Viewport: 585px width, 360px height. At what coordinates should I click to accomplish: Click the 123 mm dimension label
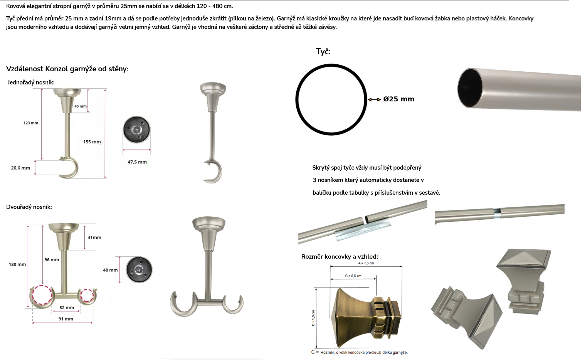pyautogui.click(x=31, y=123)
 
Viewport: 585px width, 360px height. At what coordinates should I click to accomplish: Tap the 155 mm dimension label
pyautogui.click(x=92, y=142)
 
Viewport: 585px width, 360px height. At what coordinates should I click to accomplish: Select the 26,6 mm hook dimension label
pyautogui.click(x=20, y=168)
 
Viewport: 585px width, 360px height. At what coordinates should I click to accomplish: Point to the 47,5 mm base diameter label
pyautogui.click(x=137, y=162)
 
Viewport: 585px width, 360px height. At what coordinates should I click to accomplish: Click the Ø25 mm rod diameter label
pyautogui.click(x=399, y=99)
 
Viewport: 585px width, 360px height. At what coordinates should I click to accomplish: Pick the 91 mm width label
pyautogui.click(x=66, y=319)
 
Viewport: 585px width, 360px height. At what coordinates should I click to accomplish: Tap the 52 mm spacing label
pyautogui.click(x=67, y=308)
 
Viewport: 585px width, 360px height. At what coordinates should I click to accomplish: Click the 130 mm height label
pyautogui.click(x=17, y=264)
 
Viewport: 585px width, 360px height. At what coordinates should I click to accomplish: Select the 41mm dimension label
pyautogui.click(x=94, y=237)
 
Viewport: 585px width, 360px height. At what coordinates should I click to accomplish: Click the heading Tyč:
pyautogui.click(x=323, y=52)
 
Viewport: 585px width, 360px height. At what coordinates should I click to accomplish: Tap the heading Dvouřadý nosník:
pyautogui.click(x=29, y=207)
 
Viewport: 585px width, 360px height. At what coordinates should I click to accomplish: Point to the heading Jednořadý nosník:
pyautogui.click(x=31, y=82)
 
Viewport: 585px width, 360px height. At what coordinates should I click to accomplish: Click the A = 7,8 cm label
pyautogui.click(x=366, y=263)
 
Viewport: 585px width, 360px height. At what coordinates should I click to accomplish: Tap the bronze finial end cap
pyautogui.click(x=366, y=318)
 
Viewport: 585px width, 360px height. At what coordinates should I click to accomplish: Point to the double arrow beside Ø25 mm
pyautogui.click(x=374, y=99)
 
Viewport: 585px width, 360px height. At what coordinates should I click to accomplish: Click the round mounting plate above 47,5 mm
pyautogui.click(x=136, y=130)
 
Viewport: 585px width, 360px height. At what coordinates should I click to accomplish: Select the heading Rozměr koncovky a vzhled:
pyautogui.click(x=340, y=257)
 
